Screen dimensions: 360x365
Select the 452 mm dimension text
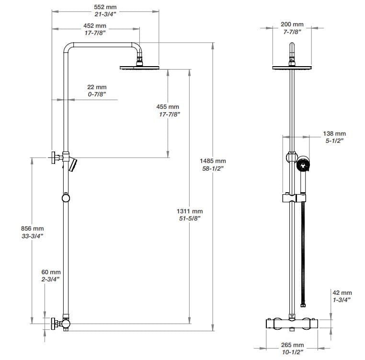[95, 25]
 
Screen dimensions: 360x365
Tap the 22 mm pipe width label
[96, 87]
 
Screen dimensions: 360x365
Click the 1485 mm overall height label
[213, 161]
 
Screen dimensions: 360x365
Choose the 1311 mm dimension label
[190, 211]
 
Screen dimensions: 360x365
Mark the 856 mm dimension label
[33, 229]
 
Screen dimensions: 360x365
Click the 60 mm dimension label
[51, 272]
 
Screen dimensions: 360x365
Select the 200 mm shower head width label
[292, 24]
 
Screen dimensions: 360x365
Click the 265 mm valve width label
[292, 345]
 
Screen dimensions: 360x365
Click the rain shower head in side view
[139, 68]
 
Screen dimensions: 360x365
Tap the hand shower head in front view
[303, 166]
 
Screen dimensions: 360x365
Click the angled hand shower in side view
[72, 165]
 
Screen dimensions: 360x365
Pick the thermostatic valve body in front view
[292, 324]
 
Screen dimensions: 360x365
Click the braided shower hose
[303, 249]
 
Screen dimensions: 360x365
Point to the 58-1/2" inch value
[213, 168]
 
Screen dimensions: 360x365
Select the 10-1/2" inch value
[292, 352]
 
